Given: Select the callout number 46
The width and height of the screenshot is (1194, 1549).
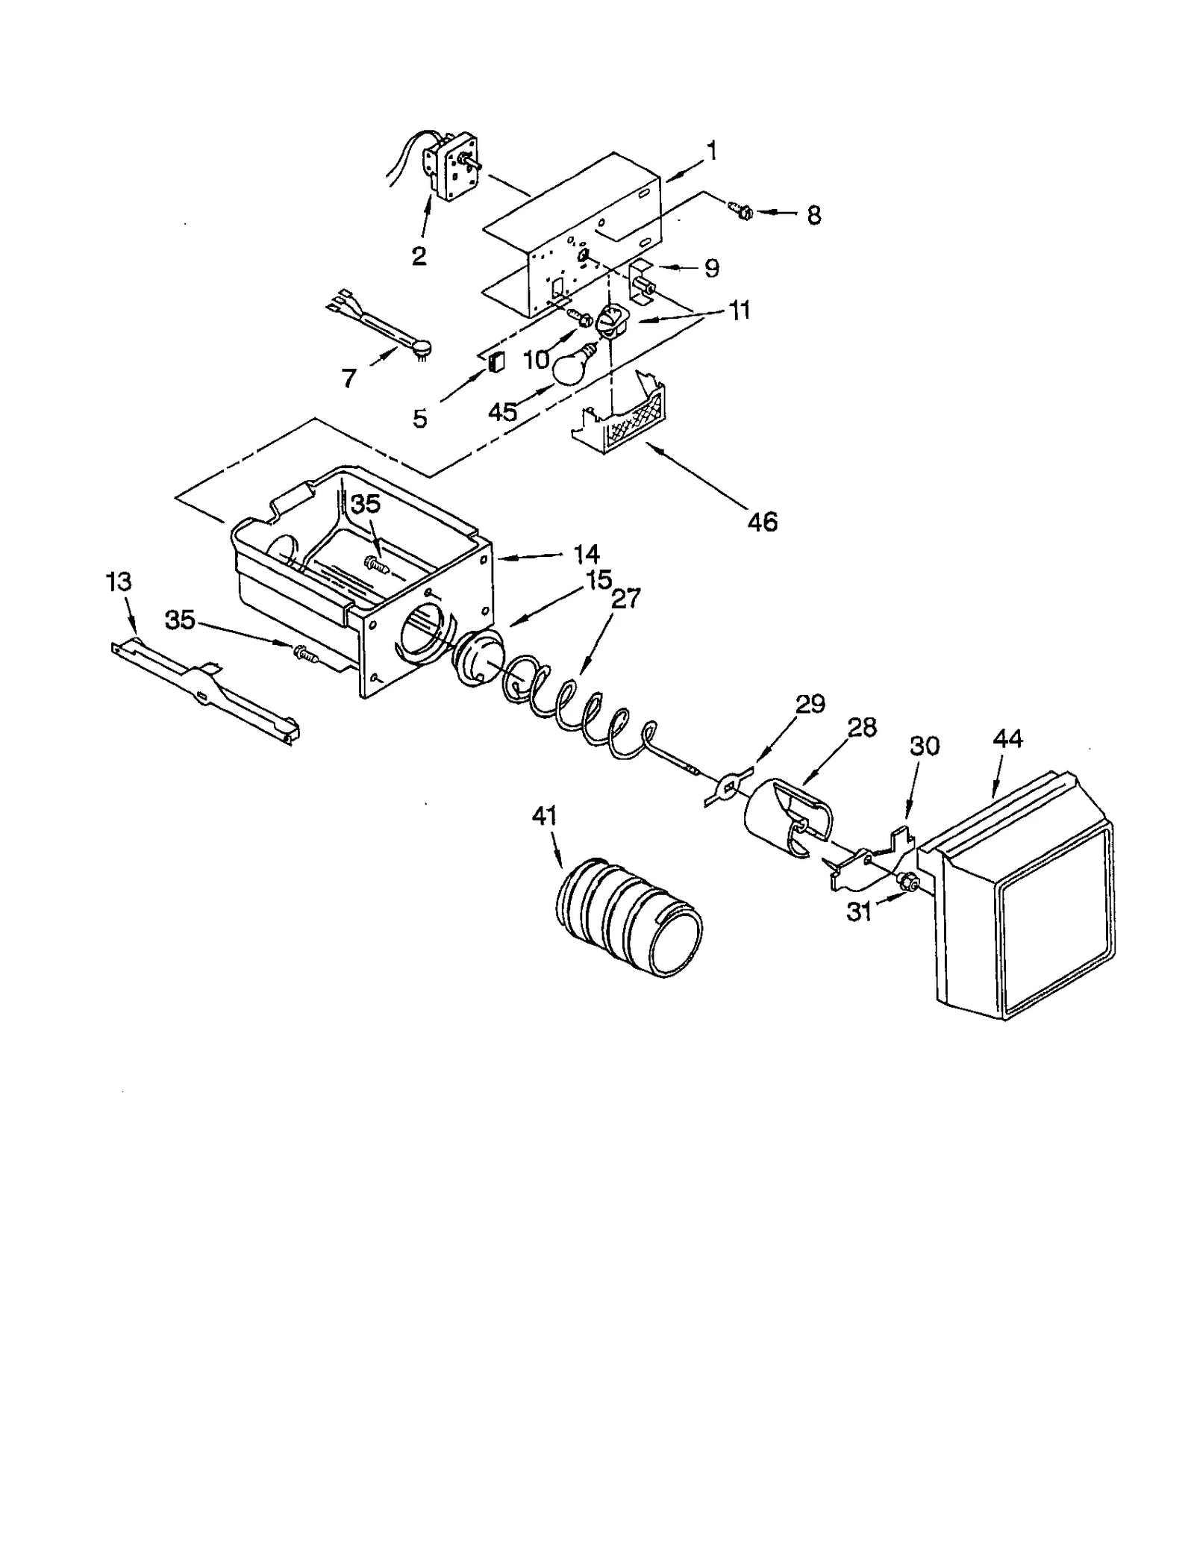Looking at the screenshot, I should [x=762, y=522].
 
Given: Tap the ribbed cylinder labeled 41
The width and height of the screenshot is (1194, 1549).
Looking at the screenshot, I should [x=629, y=917].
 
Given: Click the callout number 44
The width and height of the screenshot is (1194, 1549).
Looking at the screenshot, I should [x=1007, y=739].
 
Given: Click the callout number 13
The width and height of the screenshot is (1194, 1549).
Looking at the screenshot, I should [x=119, y=582].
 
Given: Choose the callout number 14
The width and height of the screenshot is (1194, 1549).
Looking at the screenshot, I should [x=586, y=554].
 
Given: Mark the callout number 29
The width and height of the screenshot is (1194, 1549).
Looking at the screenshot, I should [x=810, y=704].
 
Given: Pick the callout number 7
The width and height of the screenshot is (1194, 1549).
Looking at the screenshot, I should [x=348, y=378].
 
